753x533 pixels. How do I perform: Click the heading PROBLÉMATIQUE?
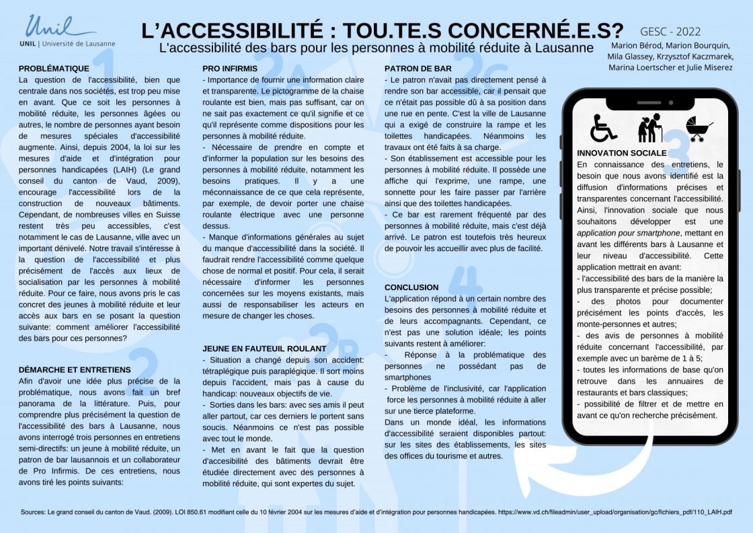click(x=54, y=68)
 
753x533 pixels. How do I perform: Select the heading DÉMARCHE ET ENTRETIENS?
click(x=75, y=369)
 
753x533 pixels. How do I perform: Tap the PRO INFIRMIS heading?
click(x=231, y=68)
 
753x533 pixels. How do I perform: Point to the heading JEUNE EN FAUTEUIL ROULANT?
click(x=264, y=349)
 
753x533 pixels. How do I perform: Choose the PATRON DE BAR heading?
click(x=418, y=68)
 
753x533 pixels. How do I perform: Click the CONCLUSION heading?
click(x=411, y=287)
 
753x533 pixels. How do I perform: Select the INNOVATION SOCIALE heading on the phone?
click(x=622, y=153)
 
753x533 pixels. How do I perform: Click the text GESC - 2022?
click(x=670, y=31)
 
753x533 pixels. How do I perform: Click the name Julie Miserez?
click(x=710, y=67)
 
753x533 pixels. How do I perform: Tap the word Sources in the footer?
click(x=34, y=512)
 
